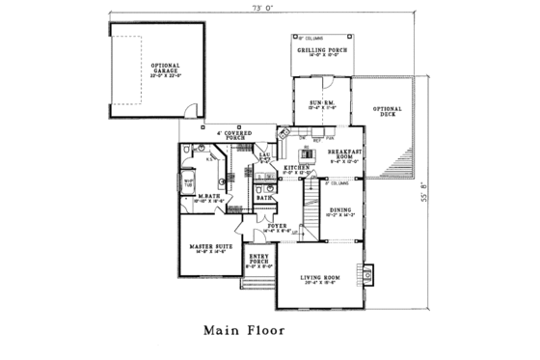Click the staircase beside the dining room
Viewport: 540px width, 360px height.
tap(310, 208)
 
